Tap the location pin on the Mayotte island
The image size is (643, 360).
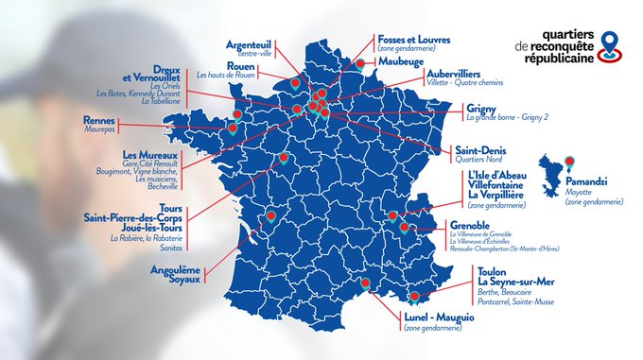569,163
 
